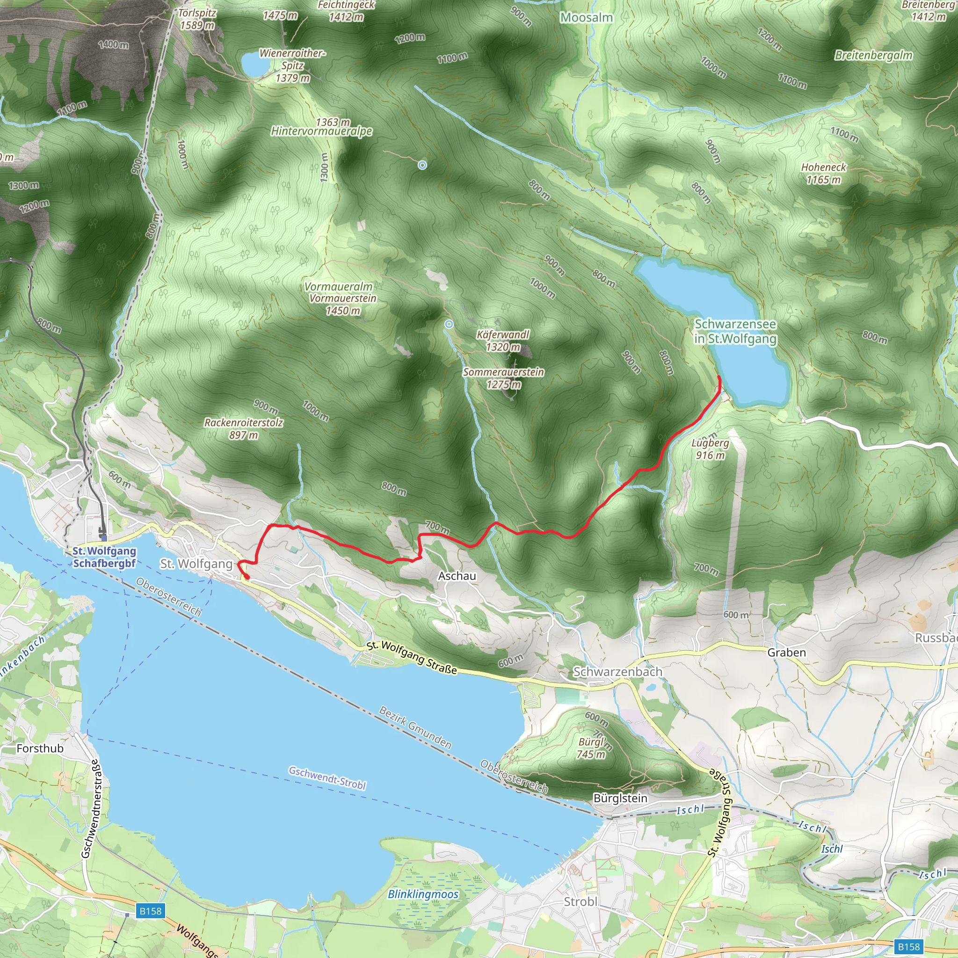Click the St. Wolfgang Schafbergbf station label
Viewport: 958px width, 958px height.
point(104,557)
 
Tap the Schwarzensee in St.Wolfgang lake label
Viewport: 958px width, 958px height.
point(735,331)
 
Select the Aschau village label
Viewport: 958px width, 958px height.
point(457,576)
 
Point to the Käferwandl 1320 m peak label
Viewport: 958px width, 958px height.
point(503,341)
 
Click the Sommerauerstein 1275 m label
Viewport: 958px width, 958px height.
point(503,378)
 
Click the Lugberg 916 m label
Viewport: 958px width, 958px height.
point(710,449)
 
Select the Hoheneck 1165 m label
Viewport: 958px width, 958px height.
point(823,173)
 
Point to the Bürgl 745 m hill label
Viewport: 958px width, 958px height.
point(591,748)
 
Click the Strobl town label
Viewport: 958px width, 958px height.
point(580,901)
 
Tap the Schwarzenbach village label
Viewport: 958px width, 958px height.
point(617,671)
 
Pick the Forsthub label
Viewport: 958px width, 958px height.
point(40,748)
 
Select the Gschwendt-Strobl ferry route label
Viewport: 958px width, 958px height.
point(327,777)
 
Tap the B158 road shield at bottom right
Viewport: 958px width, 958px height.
point(908,947)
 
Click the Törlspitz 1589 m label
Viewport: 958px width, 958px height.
point(197,19)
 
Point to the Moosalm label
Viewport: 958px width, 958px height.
point(586,17)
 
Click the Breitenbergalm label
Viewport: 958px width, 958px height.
point(873,55)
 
